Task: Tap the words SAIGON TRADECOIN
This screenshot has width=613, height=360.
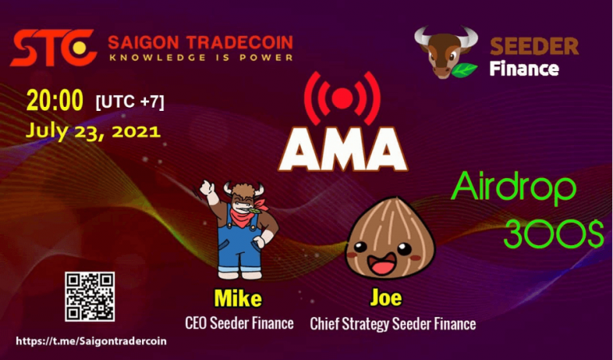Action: (x=200, y=42)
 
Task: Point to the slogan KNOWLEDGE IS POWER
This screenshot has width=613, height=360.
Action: (x=200, y=57)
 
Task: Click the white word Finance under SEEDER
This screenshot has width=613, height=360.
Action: (x=524, y=68)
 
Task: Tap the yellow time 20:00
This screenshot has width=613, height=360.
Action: (x=54, y=101)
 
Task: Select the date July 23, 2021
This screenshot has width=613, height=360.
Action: (x=93, y=129)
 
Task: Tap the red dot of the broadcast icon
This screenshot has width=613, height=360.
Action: (x=343, y=98)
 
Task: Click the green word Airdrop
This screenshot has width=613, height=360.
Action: (x=514, y=189)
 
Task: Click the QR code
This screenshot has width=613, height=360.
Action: (x=89, y=296)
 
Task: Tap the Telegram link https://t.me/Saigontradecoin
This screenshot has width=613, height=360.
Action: (x=91, y=341)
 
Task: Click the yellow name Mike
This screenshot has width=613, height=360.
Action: (x=238, y=299)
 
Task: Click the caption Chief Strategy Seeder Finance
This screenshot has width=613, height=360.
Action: (x=393, y=323)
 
